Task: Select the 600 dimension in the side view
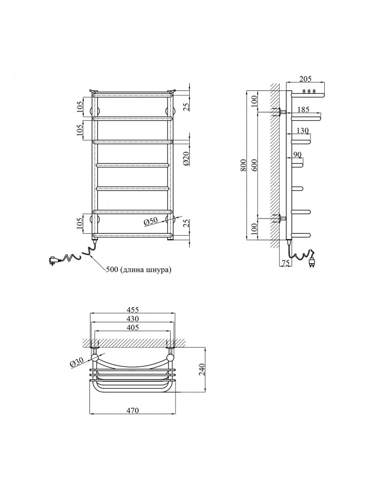[x=254, y=165]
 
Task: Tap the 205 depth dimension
[x=305, y=79]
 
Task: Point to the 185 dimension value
[x=303, y=110]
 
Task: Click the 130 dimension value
[x=302, y=131]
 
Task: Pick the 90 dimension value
[x=297, y=155]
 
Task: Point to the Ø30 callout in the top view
[x=77, y=362]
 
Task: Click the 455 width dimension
[x=133, y=310]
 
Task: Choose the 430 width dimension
[x=133, y=319]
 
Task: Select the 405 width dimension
[x=133, y=328]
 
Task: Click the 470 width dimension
[x=133, y=410]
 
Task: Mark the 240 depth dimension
[x=201, y=369]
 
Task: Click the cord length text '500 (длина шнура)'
[x=139, y=270]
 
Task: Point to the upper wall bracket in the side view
[x=280, y=111]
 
